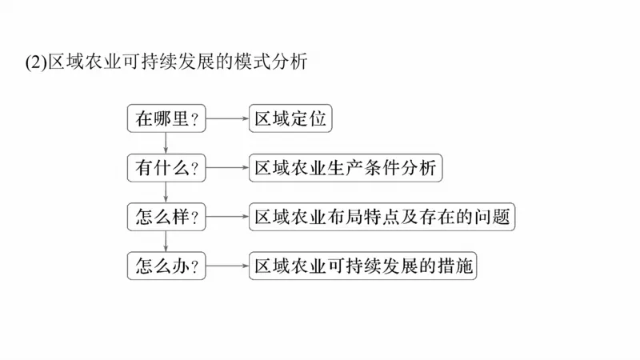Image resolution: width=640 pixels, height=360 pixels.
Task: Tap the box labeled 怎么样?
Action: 166,216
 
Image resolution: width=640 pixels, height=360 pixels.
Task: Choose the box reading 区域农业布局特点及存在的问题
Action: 381,216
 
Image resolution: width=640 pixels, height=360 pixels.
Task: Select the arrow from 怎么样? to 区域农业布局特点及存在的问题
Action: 226,216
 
